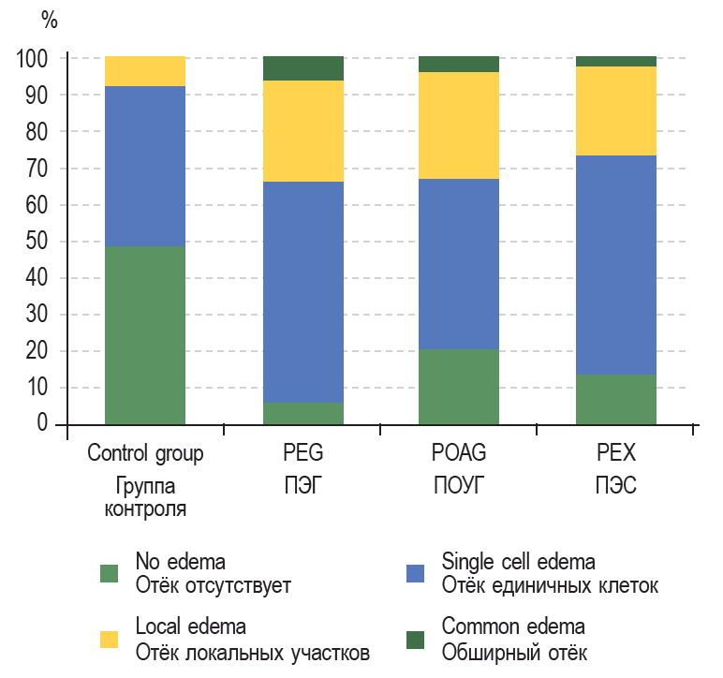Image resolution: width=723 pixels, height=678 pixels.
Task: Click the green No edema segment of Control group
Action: pyautogui.click(x=144, y=335)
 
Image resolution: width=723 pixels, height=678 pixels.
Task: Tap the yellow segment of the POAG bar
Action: pyautogui.click(x=458, y=125)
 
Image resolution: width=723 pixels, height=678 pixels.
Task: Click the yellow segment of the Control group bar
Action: pyautogui.click(x=144, y=71)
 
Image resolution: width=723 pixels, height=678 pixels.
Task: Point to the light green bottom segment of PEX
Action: pyautogui.click(x=615, y=399)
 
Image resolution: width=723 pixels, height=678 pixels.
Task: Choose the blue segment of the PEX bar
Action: pyautogui.click(x=615, y=264)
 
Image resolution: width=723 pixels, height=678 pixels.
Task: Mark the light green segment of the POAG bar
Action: pyautogui.click(x=458, y=387)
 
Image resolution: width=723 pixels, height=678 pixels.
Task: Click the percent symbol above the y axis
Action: pyautogui.click(x=49, y=21)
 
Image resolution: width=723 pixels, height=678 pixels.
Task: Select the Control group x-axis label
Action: pyautogui.click(x=145, y=454)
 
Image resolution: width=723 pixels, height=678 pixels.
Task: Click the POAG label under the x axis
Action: pyautogui.click(x=458, y=454)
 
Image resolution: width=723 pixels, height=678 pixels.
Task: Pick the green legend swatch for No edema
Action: pyautogui.click(x=110, y=574)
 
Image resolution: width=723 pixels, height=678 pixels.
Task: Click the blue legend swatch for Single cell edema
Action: pyautogui.click(x=415, y=574)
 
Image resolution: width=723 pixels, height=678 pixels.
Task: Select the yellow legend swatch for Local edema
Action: pyautogui.click(x=110, y=639)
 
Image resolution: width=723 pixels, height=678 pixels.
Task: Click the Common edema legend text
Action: pyautogui.click(x=513, y=626)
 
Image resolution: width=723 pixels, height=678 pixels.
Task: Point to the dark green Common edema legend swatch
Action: pyautogui.click(x=415, y=639)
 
